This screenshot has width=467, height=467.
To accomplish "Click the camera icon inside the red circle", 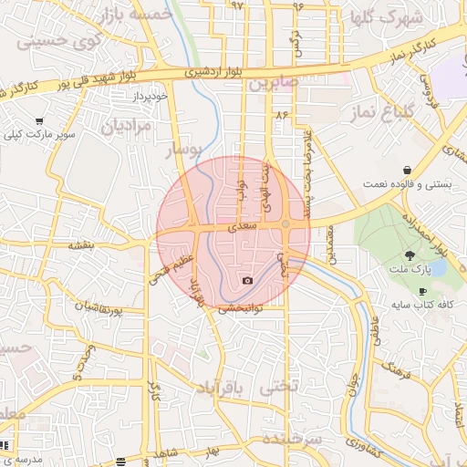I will (x=247, y=281).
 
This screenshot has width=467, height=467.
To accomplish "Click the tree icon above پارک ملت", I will (x=410, y=255).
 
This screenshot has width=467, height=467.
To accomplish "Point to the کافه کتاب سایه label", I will (x=420, y=304).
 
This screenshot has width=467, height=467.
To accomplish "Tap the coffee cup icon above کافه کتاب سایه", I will (x=421, y=291).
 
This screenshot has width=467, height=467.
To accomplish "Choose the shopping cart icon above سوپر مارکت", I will (x=39, y=121).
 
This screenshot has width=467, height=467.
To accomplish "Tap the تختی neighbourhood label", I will (x=279, y=387).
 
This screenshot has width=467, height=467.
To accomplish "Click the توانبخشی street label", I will (x=241, y=308).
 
